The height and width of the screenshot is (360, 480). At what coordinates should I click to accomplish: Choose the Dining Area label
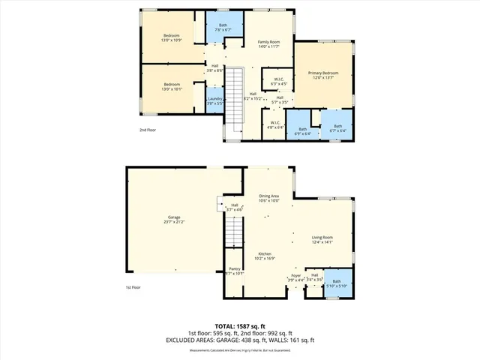[x=268, y=197]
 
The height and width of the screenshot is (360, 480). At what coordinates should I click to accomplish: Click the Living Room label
[x=322, y=240]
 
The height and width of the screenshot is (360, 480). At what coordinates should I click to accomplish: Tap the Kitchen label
[x=265, y=256]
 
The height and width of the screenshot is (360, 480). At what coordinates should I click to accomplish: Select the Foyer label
[x=295, y=277]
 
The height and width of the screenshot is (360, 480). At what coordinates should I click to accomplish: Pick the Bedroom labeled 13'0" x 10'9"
[x=172, y=37]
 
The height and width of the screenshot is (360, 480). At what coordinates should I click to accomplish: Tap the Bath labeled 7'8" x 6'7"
[x=223, y=28]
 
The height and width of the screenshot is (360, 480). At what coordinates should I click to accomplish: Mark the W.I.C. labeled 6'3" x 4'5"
[x=277, y=82]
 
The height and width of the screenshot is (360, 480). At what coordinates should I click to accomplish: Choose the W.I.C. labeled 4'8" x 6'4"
[x=274, y=125]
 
